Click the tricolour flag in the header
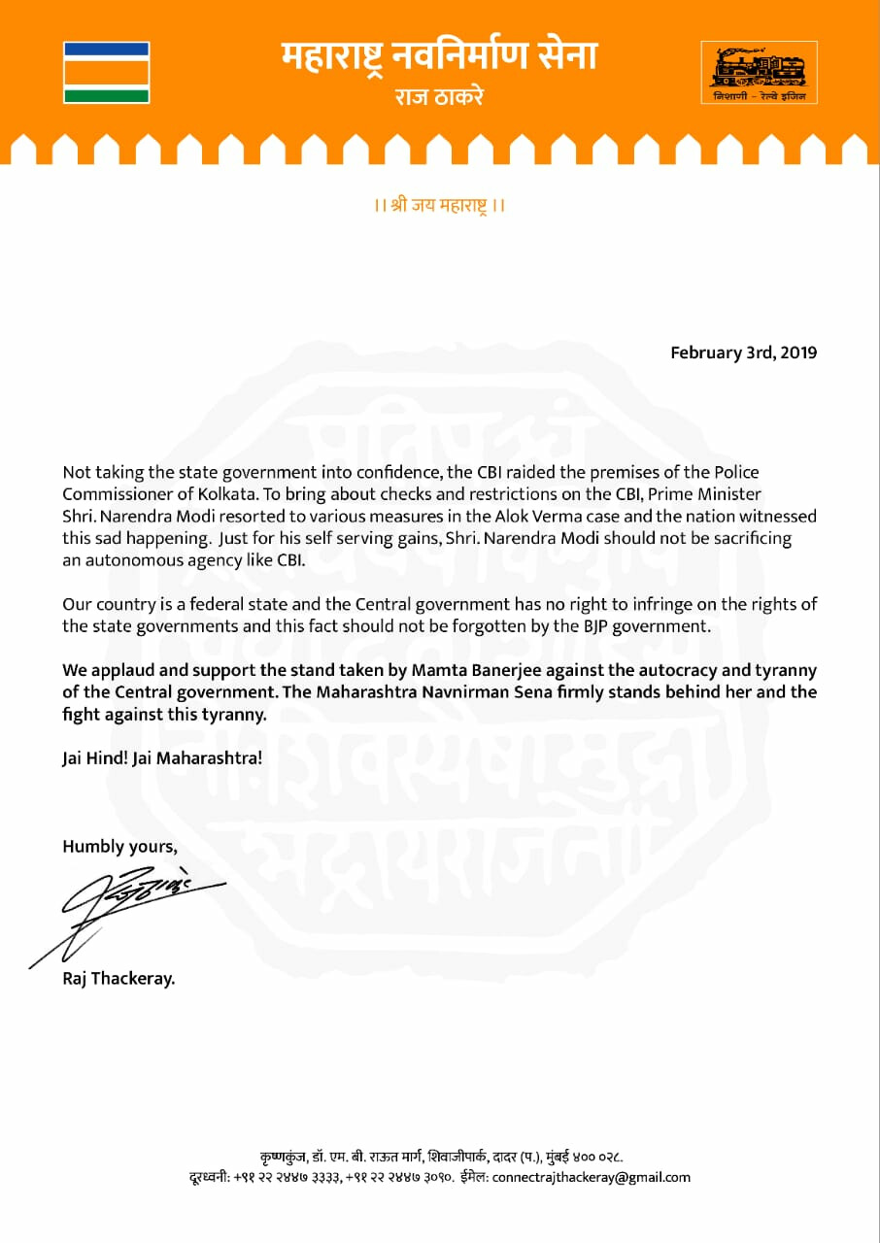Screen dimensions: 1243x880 click(106, 72)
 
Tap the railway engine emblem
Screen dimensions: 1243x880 click(759, 71)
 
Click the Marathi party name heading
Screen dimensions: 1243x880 click(439, 57)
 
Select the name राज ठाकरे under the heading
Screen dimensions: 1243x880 click(439, 97)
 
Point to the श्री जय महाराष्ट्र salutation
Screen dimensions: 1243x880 click(440, 206)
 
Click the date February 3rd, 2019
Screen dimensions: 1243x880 click(743, 353)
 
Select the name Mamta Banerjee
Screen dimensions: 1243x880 click(489, 670)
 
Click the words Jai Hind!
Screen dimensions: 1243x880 click(94, 758)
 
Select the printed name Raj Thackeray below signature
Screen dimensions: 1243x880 click(118, 979)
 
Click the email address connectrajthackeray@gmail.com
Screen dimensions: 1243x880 click(592, 1177)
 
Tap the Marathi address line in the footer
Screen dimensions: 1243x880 click(440, 1158)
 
